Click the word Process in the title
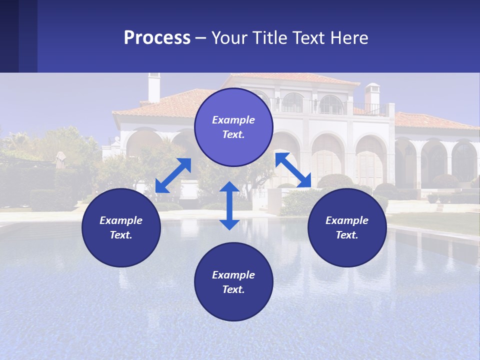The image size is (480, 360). click(157, 38)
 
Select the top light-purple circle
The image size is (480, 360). click(233, 127)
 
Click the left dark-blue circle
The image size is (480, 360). click(121, 227)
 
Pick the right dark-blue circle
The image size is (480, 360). click(347, 227)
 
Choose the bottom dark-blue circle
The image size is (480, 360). click(233, 282)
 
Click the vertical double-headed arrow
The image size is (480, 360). click(229, 205)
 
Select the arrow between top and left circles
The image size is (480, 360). click(173, 175)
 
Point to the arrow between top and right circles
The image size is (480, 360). click(293, 170)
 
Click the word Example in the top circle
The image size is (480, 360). click(233, 120)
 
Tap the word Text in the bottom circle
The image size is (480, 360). click(233, 289)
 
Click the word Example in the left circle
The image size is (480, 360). click(121, 220)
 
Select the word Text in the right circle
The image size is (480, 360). click(346, 235)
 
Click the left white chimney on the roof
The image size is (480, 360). click(154, 87)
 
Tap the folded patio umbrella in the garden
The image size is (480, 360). click(60, 160)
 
